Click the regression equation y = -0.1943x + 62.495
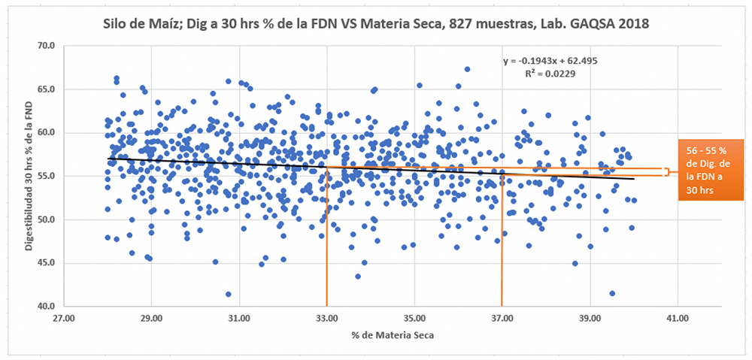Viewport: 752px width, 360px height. tap(550, 60)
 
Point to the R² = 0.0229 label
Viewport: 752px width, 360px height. tap(550, 74)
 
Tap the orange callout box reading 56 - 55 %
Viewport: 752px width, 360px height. tap(708, 171)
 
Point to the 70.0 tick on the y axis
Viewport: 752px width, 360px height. tap(47, 46)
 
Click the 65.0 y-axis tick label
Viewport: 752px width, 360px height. tap(47, 89)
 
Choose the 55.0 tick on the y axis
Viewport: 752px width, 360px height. tap(47, 177)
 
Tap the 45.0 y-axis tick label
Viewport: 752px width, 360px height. tap(47, 263)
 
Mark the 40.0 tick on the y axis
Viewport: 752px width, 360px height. tap(47, 307)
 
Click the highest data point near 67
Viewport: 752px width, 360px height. tap(467, 69)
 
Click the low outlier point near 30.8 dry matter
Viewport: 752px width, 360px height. tap(229, 294)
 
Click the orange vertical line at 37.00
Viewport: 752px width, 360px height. tap(502, 248)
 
